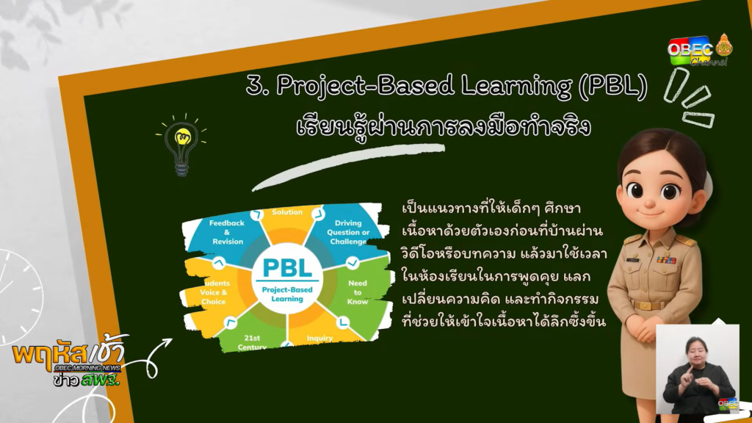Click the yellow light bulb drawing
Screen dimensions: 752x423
[x=182, y=144]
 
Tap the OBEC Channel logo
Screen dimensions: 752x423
[x=700, y=50]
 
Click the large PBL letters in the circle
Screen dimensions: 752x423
[x=287, y=267]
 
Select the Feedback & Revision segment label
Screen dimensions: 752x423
[x=228, y=232]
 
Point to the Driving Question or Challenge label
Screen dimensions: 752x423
[x=348, y=232]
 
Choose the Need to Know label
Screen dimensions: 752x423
[x=358, y=292]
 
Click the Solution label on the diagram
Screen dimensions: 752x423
[x=287, y=212]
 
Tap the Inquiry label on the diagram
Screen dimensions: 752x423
[x=319, y=338]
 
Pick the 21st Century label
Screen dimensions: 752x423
[x=253, y=342]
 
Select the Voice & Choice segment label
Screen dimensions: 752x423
[x=213, y=292]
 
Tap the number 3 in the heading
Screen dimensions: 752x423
[x=255, y=86]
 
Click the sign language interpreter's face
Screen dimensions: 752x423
[x=696, y=352]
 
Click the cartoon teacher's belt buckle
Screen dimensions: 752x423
[x=646, y=305]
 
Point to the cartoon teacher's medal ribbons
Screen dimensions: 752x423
[x=665, y=260]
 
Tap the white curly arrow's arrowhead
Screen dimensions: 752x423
[x=166, y=342]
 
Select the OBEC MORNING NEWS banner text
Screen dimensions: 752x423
[x=87, y=368]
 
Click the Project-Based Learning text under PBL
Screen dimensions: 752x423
[x=287, y=294]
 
